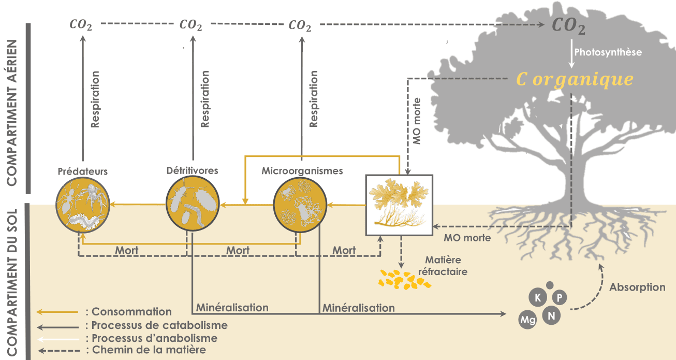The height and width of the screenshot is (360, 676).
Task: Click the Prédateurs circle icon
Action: [x=82, y=205]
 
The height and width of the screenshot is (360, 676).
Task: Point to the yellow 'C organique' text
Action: [x=574, y=79]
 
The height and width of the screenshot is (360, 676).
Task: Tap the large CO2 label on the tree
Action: [x=568, y=26]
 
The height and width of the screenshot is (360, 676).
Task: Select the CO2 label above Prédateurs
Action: [x=81, y=24]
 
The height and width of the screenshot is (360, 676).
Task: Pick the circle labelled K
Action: [x=538, y=298]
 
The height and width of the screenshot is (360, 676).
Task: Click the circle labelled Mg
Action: [x=528, y=321]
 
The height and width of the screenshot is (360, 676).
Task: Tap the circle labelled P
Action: [x=560, y=298]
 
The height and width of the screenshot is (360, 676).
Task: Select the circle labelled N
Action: [x=551, y=314]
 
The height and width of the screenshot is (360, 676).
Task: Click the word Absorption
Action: [x=637, y=287]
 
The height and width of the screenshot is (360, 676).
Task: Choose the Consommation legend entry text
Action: [x=131, y=312]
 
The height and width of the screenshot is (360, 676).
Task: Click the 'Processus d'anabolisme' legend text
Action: [x=154, y=338]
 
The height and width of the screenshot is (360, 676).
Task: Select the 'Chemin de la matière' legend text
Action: [x=149, y=350]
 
